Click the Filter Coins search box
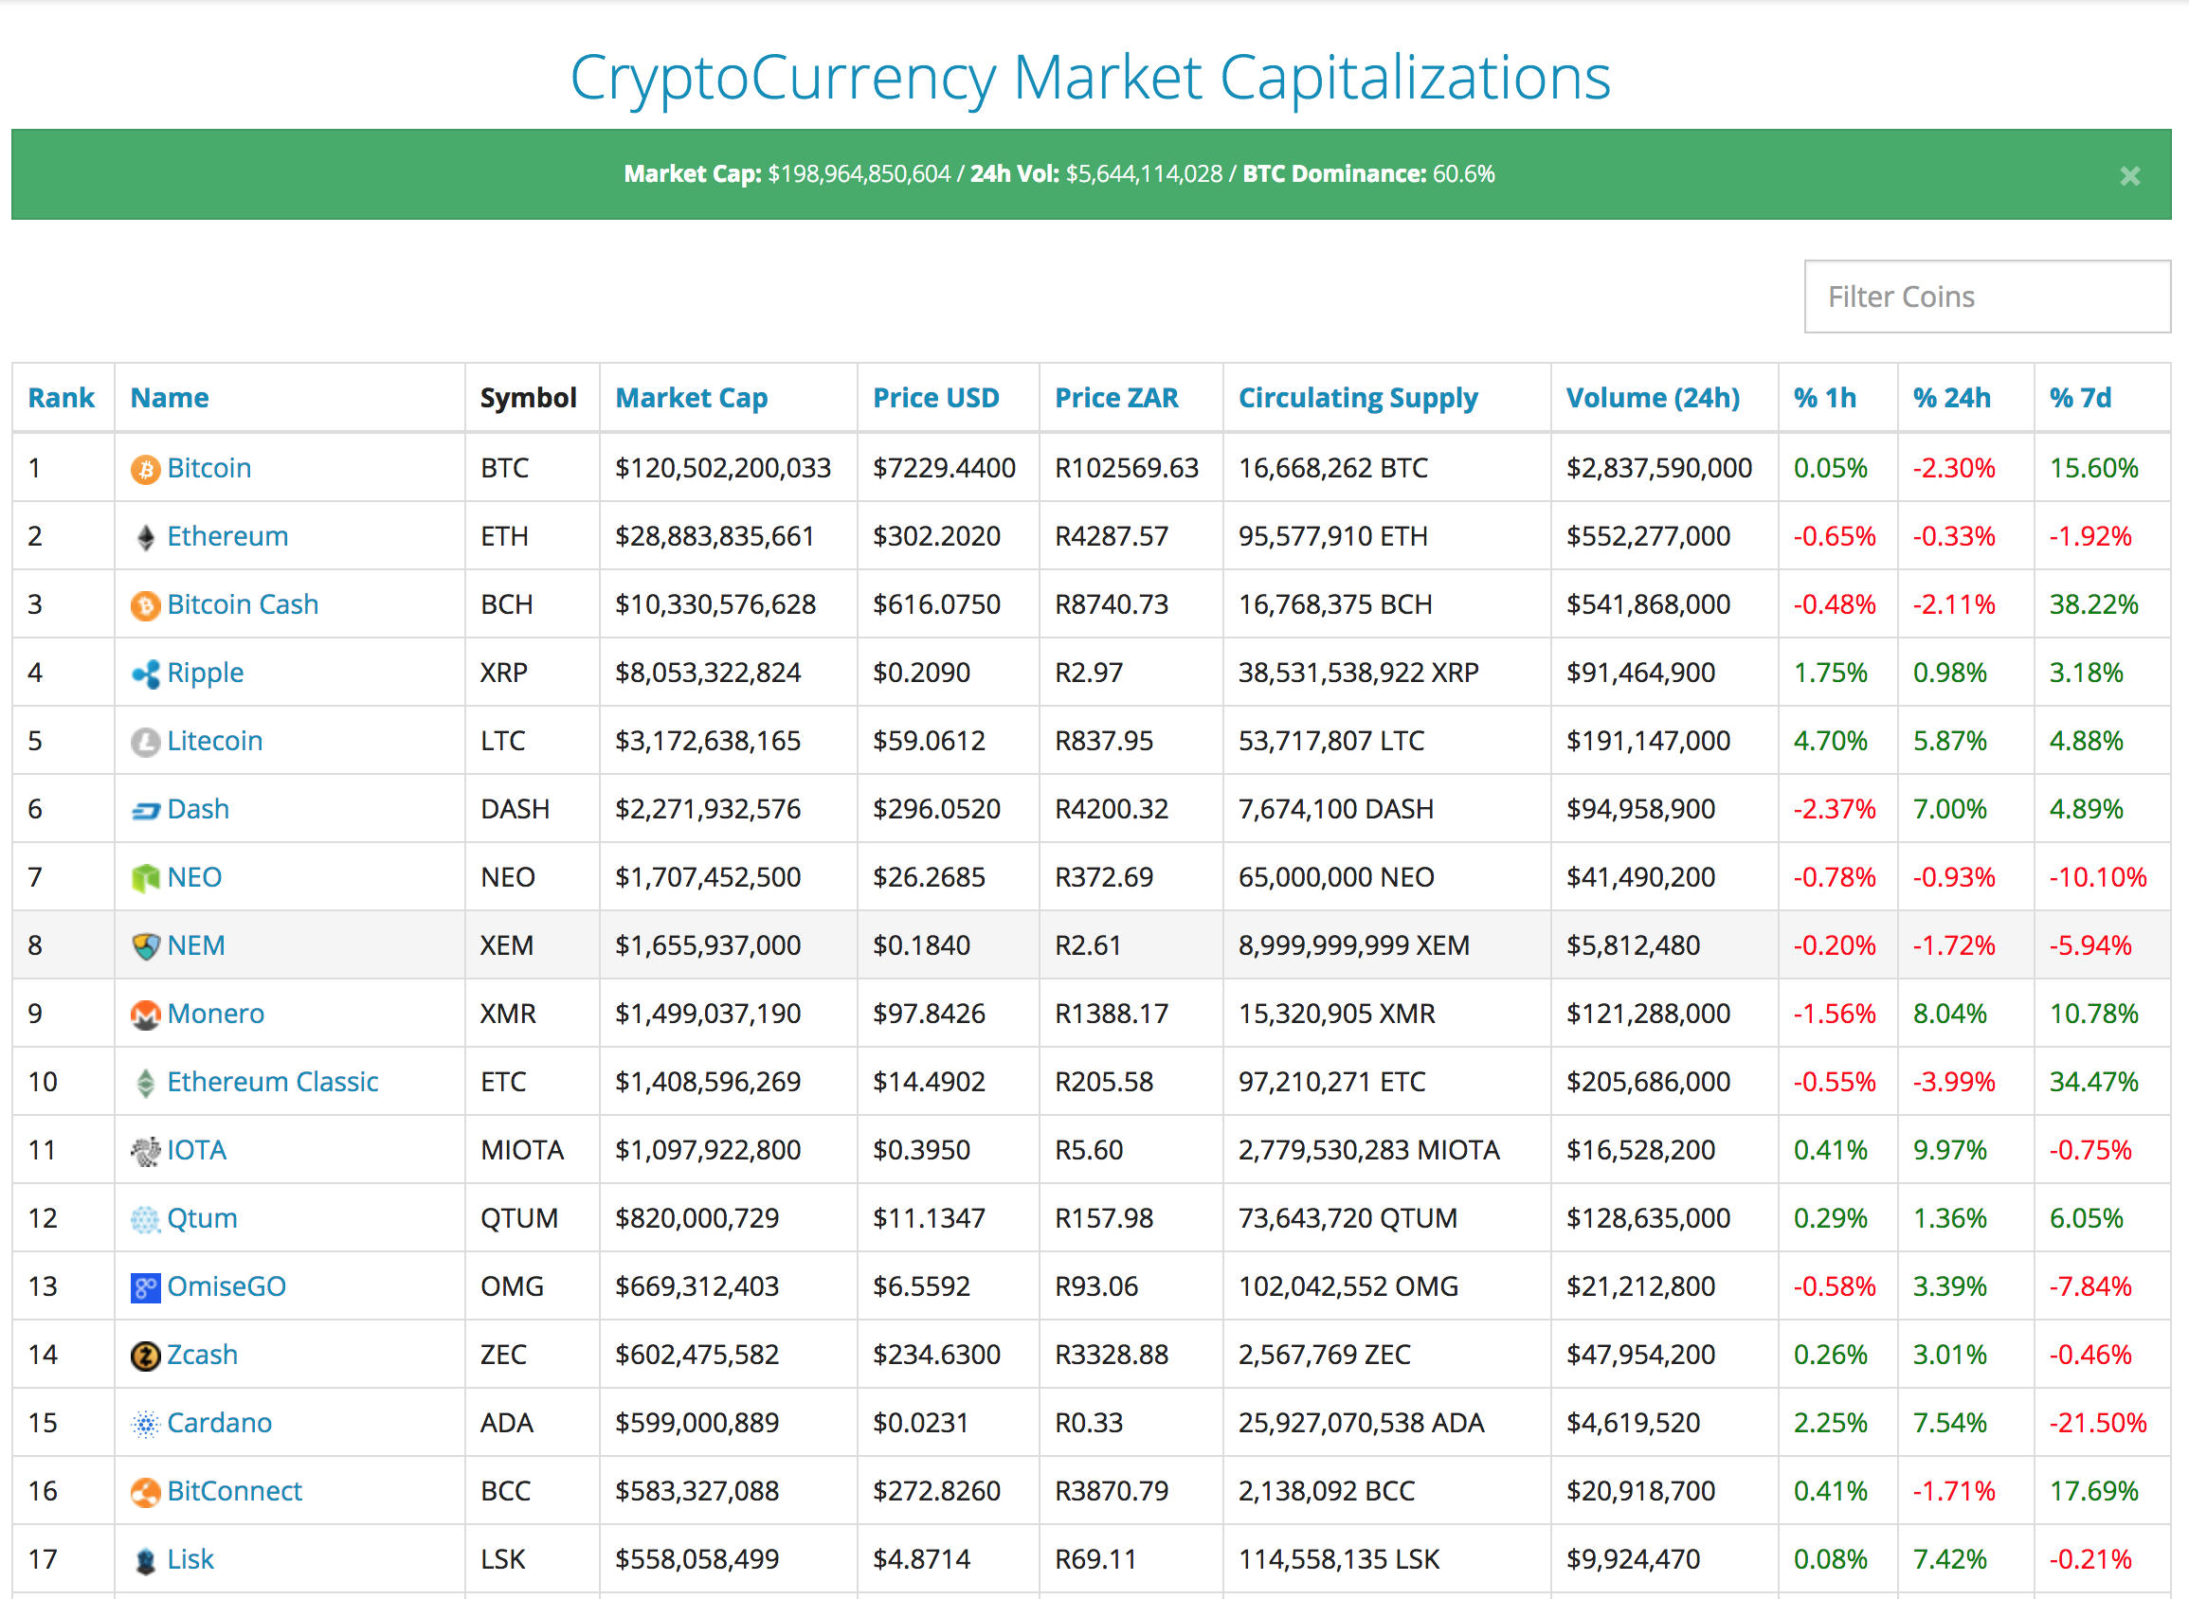[1985, 296]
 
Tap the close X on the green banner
[2129, 176]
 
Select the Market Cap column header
[691, 398]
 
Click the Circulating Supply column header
[1357, 398]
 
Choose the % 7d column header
[2080, 398]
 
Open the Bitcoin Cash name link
[242, 604]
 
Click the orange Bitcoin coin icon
[145, 470]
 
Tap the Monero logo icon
[145, 1015]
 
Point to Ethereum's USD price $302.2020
[936, 536]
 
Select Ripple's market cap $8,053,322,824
[708, 673]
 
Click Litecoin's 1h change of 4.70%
[1830, 741]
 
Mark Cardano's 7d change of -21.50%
[2097, 1423]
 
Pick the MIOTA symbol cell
[522, 1150]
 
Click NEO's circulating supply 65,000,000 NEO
[1336, 877]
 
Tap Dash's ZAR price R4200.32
[1112, 809]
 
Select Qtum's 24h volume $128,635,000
[1648, 1217]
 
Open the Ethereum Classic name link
[272, 1081]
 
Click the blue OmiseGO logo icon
[145, 1287]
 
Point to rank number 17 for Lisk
[43, 1559]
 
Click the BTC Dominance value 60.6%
[1463, 174]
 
